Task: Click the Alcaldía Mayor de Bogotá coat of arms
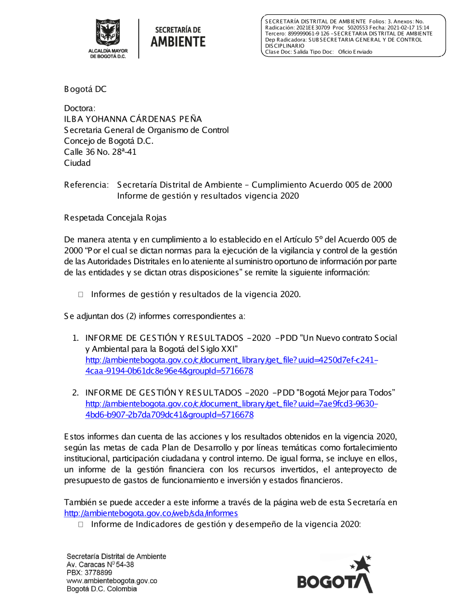(x=107, y=32)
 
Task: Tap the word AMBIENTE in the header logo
(x=178, y=42)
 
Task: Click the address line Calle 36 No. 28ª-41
(x=100, y=152)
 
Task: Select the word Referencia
(x=86, y=185)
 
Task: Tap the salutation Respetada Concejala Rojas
(x=115, y=217)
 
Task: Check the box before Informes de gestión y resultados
(x=81, y=294)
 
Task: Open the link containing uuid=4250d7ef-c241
(x=231, y=360)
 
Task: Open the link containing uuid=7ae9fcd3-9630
(x=231, y=404)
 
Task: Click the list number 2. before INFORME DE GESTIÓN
(x=76, y=393)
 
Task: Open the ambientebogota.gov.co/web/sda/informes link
(x=151, y=513)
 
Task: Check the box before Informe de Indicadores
(x=81, y=524)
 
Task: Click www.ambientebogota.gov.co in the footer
(x=112, y=581)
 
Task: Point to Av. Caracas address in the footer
(x=100, y=564)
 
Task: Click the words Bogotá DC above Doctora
(x=85, y=89)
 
